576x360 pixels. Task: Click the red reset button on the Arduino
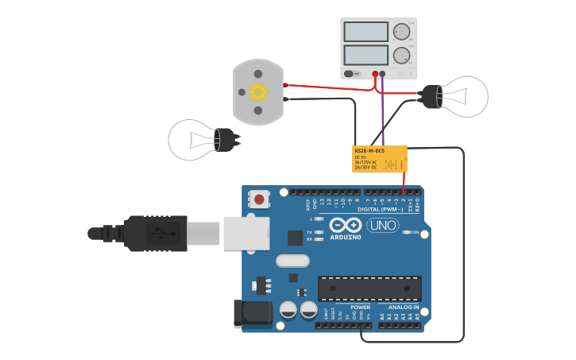tap(259, 198)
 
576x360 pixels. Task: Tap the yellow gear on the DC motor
tap(257, 92)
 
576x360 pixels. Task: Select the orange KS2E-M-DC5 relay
tap(380, 159)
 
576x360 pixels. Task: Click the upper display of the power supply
tap(366, 32)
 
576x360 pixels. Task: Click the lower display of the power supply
tap(366, 56)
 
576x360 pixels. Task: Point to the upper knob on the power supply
tap(401, 32)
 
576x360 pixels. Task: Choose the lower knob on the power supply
tap(401, 56)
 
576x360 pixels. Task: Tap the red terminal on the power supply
tap(375, 74)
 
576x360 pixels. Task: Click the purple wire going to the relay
tap(382, 111)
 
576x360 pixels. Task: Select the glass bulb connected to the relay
tap(465, 96)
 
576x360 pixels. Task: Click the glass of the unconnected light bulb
tap(192, 140)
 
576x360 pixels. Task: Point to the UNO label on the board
tap(382, 226)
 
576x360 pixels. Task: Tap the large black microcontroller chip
tap(369, 288)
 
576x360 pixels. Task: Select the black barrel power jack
tap(252, 313)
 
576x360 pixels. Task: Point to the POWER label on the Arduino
tap(360, 307)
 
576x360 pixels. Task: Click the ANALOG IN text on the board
tap(403, 307)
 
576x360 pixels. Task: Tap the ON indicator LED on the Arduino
tap(406, 232)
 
